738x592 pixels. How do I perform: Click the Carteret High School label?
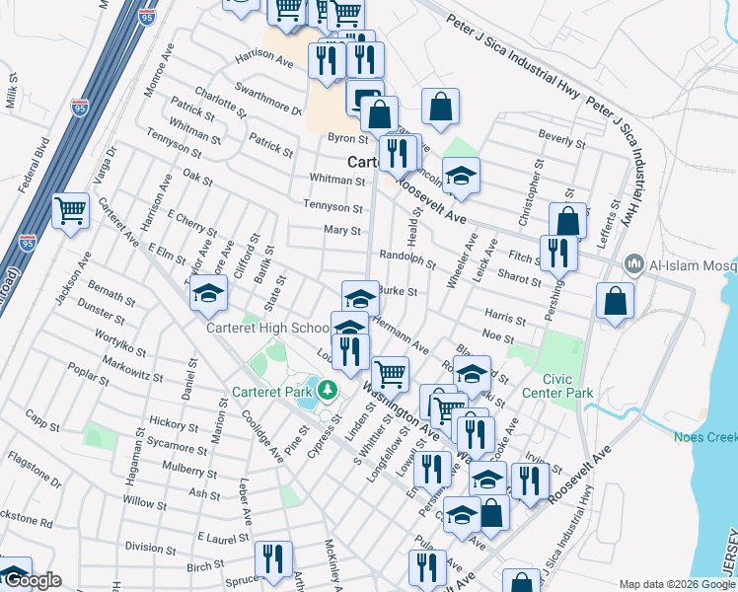[267, 328]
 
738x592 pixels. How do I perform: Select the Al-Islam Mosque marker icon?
[633, 264]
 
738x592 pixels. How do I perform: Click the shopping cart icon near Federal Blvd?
[71, 210]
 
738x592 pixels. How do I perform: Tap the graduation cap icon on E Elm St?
[209, 293]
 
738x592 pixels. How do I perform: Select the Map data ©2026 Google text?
[669, 584]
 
